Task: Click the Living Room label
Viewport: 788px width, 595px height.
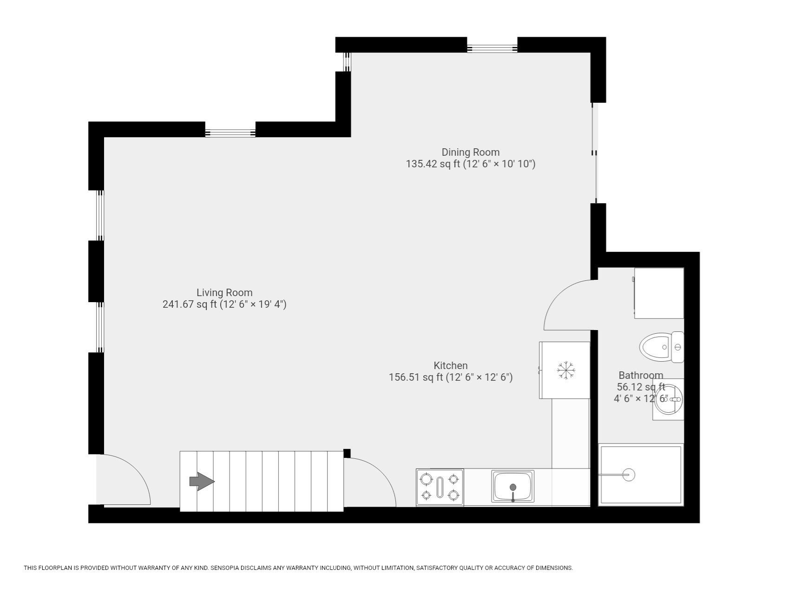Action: tap(224, 293)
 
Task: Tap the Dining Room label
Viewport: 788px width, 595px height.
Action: tap(470, 152)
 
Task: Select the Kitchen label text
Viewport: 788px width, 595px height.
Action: tap(450, 365)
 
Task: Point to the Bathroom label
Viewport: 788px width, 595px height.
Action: tap(640, 375)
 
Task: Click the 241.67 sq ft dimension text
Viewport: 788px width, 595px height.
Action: tap(224, 304)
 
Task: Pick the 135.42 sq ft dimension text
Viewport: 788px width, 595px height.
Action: tap(470, 164)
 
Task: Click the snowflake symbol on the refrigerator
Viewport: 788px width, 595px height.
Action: tap(566, 370)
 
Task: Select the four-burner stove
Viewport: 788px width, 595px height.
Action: tap(440, 487)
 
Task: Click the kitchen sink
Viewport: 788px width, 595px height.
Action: tap(513, 487)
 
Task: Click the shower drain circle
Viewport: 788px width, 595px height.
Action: tap(629, 475)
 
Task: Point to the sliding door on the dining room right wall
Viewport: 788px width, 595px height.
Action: tap(594, 153)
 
